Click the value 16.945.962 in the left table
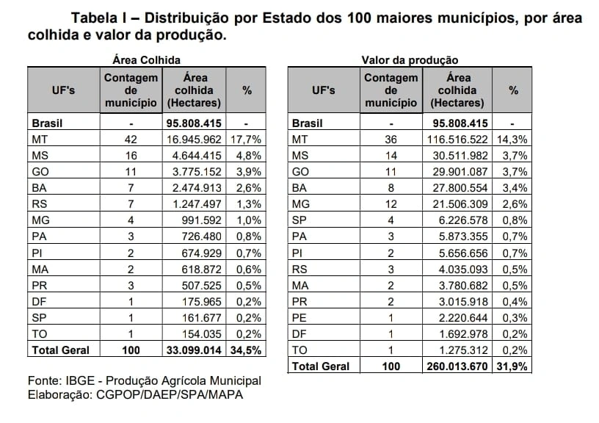[x=192, y=138]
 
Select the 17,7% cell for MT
[x=247, y=138]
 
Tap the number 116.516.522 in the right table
[x=457, y=138]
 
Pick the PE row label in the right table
[x=299, y=317]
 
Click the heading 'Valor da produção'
[x=410, y=59]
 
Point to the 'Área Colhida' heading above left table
[x=146, y=59]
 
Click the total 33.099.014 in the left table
[x=192, y=350]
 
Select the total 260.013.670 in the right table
[x=457, y=365]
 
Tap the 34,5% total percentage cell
[x=247, y=350]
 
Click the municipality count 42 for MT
[x=131, y=138]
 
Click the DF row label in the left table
[x=39, y=301]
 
